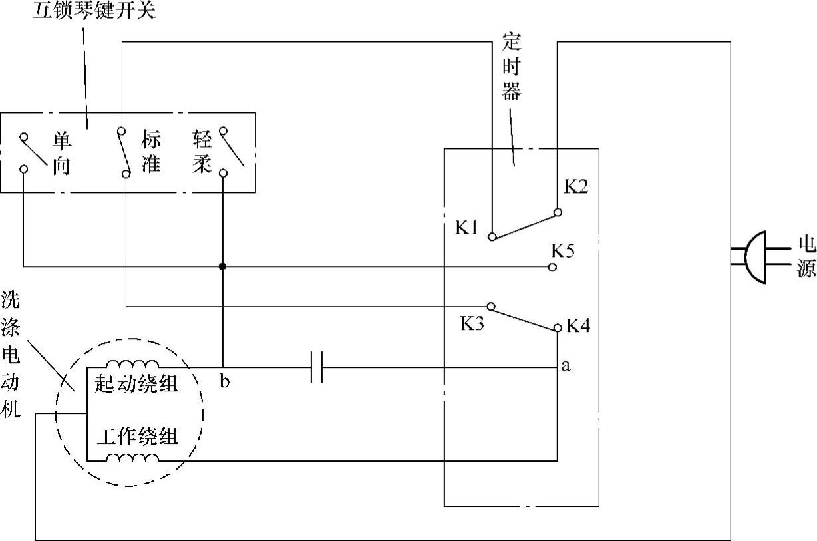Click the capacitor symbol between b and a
(317, 367)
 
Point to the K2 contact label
(576, 187)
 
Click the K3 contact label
(472, 324)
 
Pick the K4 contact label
(578, 326)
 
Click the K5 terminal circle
(552, 267)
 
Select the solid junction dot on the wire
(222, 266)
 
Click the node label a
(566, 365)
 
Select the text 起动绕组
(137, 383)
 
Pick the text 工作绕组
(137, 437)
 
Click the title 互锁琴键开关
(94, 11)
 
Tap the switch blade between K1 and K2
(524, 224)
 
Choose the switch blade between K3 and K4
(524, 317)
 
